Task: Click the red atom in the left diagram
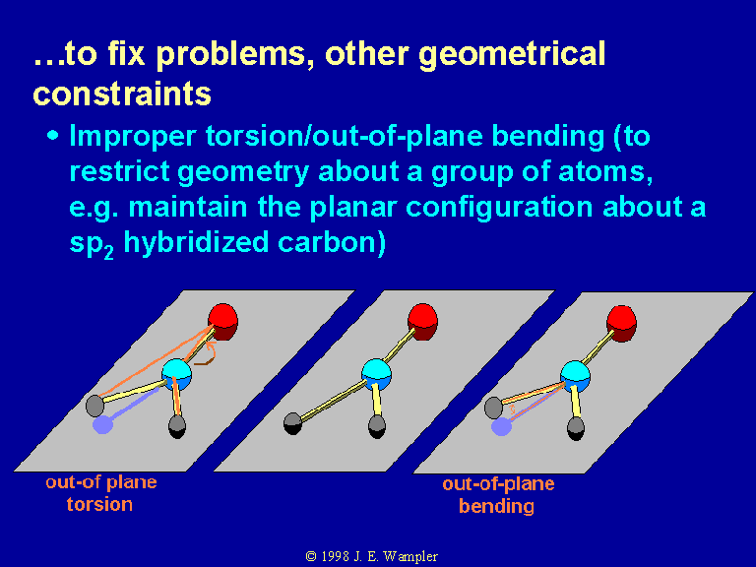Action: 222,322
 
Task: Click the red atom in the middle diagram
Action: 422,322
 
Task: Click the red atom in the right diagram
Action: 621,324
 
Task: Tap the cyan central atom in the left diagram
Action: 176,374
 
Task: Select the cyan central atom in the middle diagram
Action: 376,374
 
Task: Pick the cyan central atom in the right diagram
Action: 575,376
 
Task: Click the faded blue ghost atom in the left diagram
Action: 102,425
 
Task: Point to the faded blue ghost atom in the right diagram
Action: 501,426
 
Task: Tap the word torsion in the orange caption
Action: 99,504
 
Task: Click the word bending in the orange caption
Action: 496,506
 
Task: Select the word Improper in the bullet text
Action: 133,137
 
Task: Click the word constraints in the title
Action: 122,94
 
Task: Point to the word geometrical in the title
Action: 512,54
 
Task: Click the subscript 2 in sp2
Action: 109,253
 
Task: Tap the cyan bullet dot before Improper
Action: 53,136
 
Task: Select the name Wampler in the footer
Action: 410,557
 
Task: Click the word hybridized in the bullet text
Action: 196,242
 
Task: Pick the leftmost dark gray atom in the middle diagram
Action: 292,423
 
